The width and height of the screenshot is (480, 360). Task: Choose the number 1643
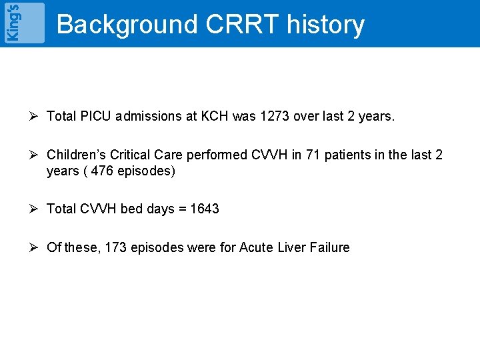tap(204, 209)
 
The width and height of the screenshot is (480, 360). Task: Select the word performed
tap(217, 155)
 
